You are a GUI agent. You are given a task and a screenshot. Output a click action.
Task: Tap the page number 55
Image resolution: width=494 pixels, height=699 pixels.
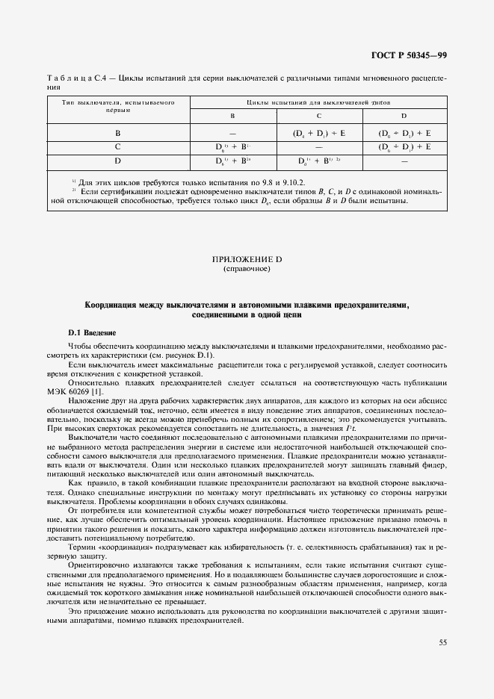pos(442,641)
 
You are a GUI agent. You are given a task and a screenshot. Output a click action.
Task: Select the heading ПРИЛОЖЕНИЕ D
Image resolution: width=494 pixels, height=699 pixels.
pos(247,258)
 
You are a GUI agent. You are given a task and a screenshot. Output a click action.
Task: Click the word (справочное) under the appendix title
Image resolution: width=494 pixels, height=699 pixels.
pos(247,268)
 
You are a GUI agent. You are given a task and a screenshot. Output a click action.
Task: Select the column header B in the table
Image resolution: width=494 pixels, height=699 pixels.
pos(232,116)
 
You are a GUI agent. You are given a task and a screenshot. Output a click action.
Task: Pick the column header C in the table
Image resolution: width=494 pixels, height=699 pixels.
pos(319,116)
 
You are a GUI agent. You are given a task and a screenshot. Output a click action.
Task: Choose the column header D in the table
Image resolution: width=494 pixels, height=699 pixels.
pos(404,116)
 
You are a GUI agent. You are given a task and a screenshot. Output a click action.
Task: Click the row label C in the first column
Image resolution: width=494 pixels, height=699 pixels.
pos(117,146)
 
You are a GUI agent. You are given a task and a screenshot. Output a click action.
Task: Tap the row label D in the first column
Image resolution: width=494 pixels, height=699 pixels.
pos(117,161)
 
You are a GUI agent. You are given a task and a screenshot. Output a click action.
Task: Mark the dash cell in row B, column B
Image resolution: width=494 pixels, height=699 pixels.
pos(232,133)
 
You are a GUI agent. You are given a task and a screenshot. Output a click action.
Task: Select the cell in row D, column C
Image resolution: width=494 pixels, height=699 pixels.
pos(319,161)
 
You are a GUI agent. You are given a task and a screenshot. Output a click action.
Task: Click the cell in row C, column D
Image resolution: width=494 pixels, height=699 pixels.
pos(404,146)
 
